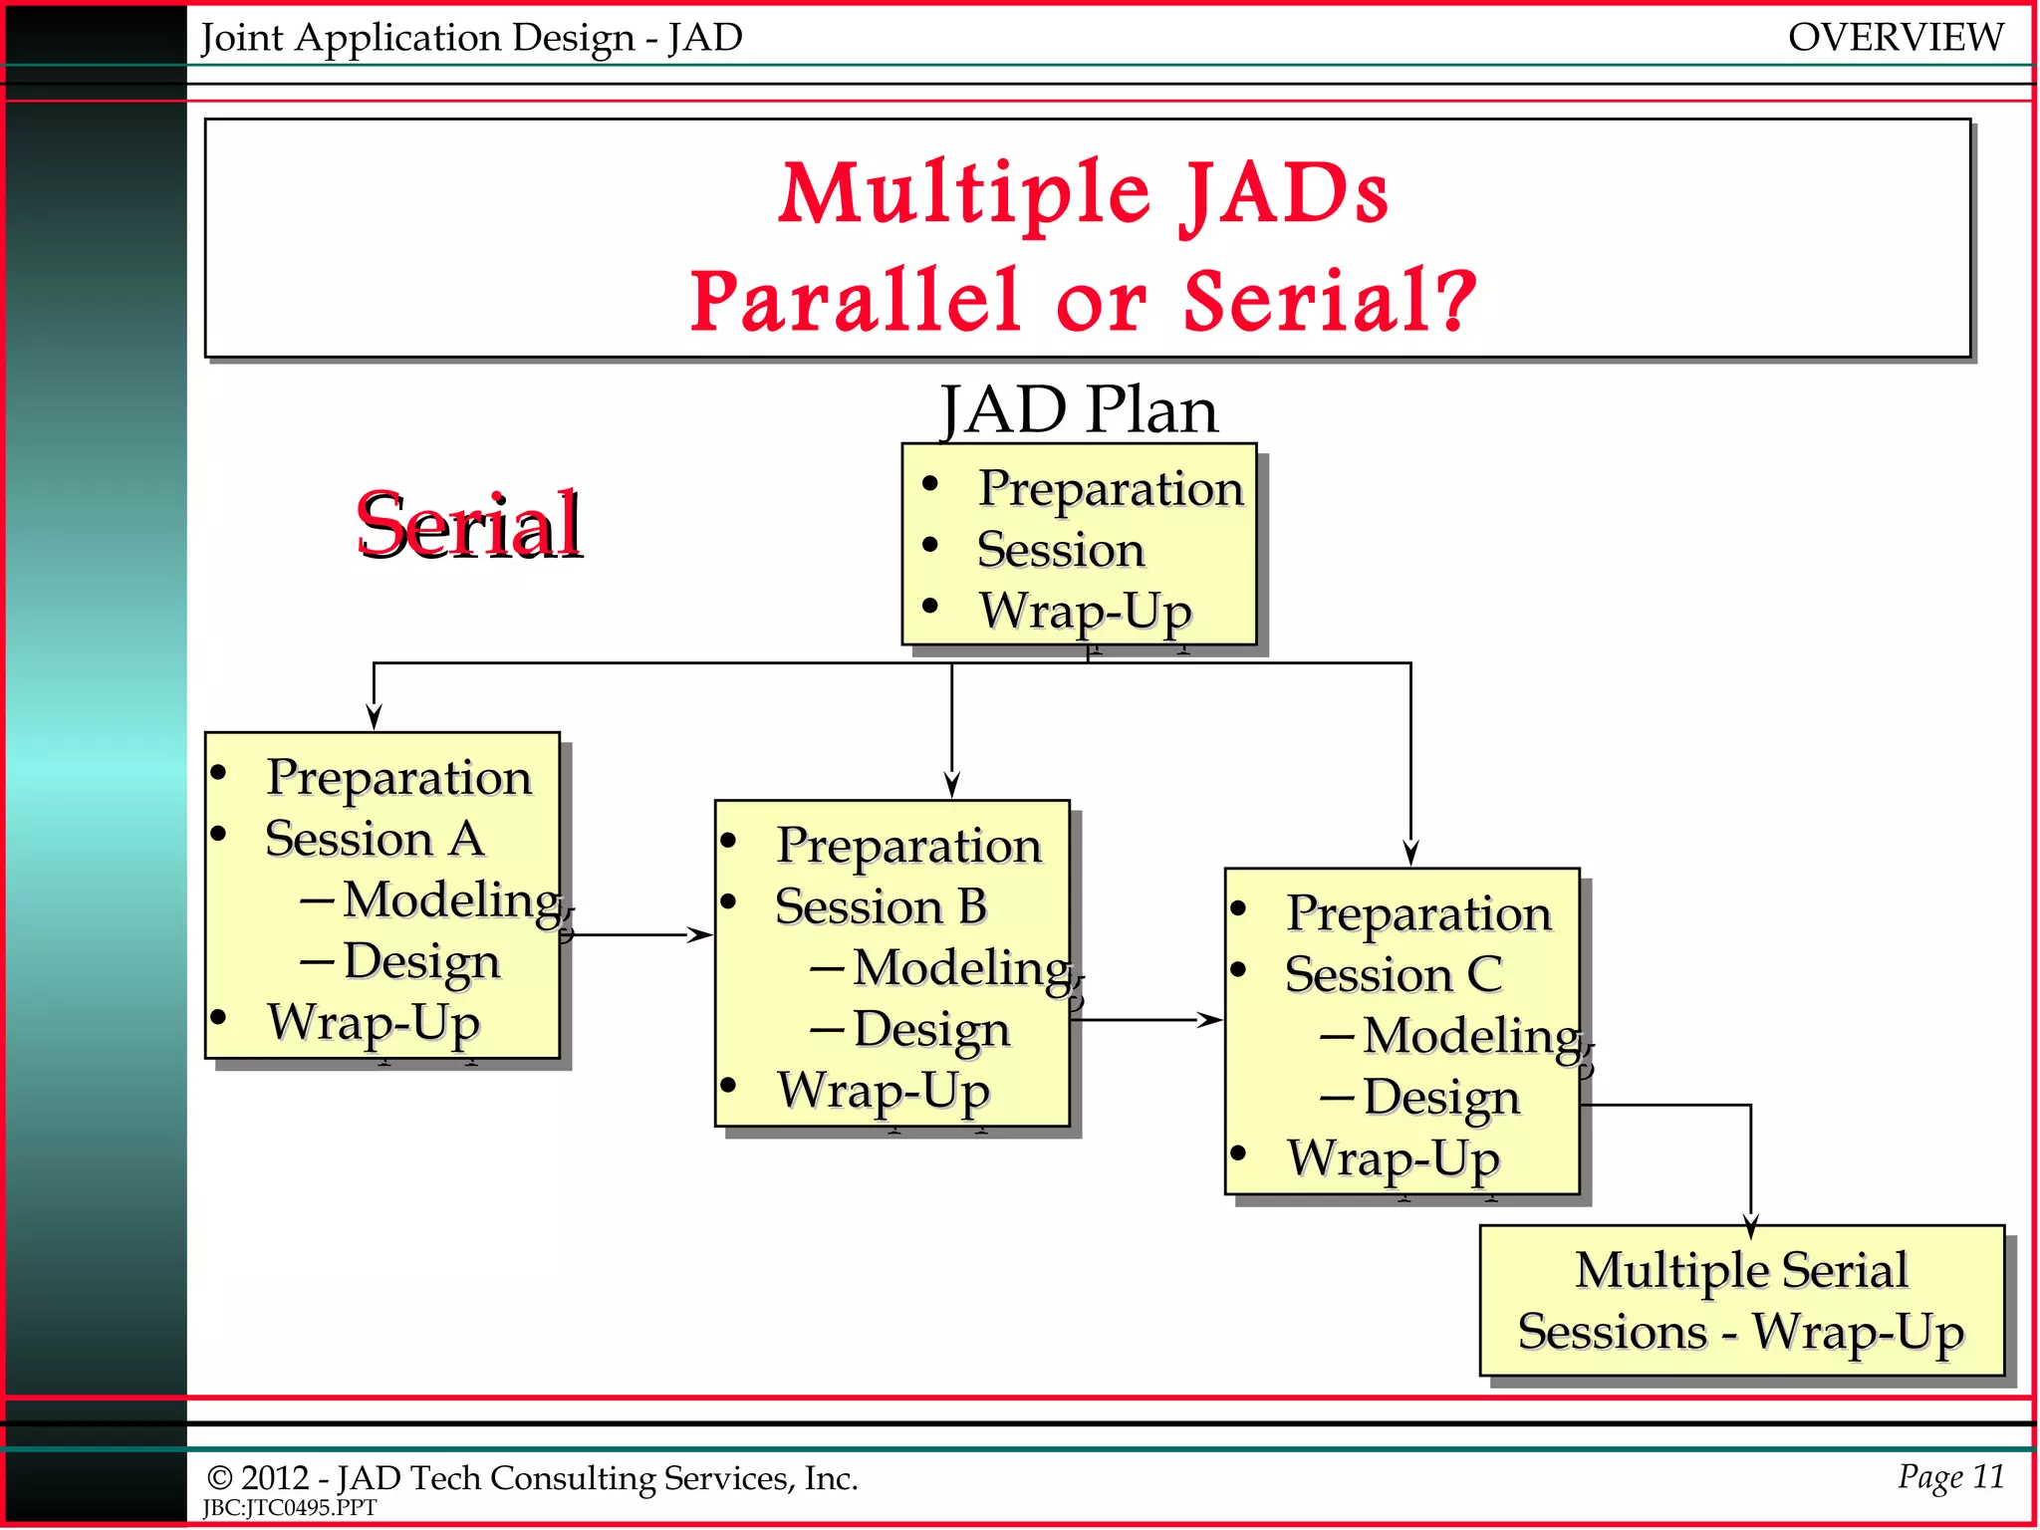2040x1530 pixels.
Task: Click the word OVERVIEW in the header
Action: [1895, 38]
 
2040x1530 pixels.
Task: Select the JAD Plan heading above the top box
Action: [1079, 409]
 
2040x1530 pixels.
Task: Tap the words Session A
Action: [375, 839]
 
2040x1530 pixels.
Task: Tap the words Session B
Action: [881, 906]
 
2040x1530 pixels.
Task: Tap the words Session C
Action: [1393, 974]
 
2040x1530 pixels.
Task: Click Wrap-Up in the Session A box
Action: [374, 1023]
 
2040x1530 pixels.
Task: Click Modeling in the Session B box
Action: [961, 968]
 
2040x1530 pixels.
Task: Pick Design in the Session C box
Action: [1441, 1098]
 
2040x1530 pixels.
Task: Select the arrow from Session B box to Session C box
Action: [1146, 1019]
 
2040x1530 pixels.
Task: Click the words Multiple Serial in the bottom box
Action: [1740, 1270]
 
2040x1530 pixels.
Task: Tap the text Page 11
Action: [1950, 1476]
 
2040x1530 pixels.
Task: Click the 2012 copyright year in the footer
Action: [274, 1478]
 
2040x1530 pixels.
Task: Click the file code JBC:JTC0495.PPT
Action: [290, 1508]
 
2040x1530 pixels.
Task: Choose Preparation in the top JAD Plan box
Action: [1111, 488]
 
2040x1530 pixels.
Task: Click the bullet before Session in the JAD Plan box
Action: [930, 545]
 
